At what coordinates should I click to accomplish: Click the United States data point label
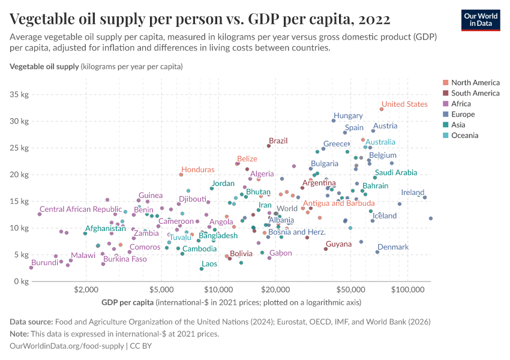pyautogui.click(x=404, y=104)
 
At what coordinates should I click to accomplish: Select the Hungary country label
pyautogui.click(x=348, y=115)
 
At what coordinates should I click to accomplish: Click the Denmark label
pyautogui.click(x=393, y=247)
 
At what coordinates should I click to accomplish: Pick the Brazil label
pyautogui.click(x=278, y=140)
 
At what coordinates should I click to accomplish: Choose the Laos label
pyautogui.click(x=209, y=263)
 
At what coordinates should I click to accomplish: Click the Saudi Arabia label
pyautogui.click(x=395, y=172)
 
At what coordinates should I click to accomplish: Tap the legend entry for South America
pyautogui.click(x=475, y=93)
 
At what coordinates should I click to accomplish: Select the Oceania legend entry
pyautogui.click(x=464, y=136)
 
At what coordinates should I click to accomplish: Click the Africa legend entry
pyautogui.click(x=462, y=104)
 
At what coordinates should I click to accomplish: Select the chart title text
pyautogui.click(x=200, y=19)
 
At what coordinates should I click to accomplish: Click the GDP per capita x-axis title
pyautogui.click(x=128, y=302)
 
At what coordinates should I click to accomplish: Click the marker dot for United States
pyautogui.click(x=382, y=109)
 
